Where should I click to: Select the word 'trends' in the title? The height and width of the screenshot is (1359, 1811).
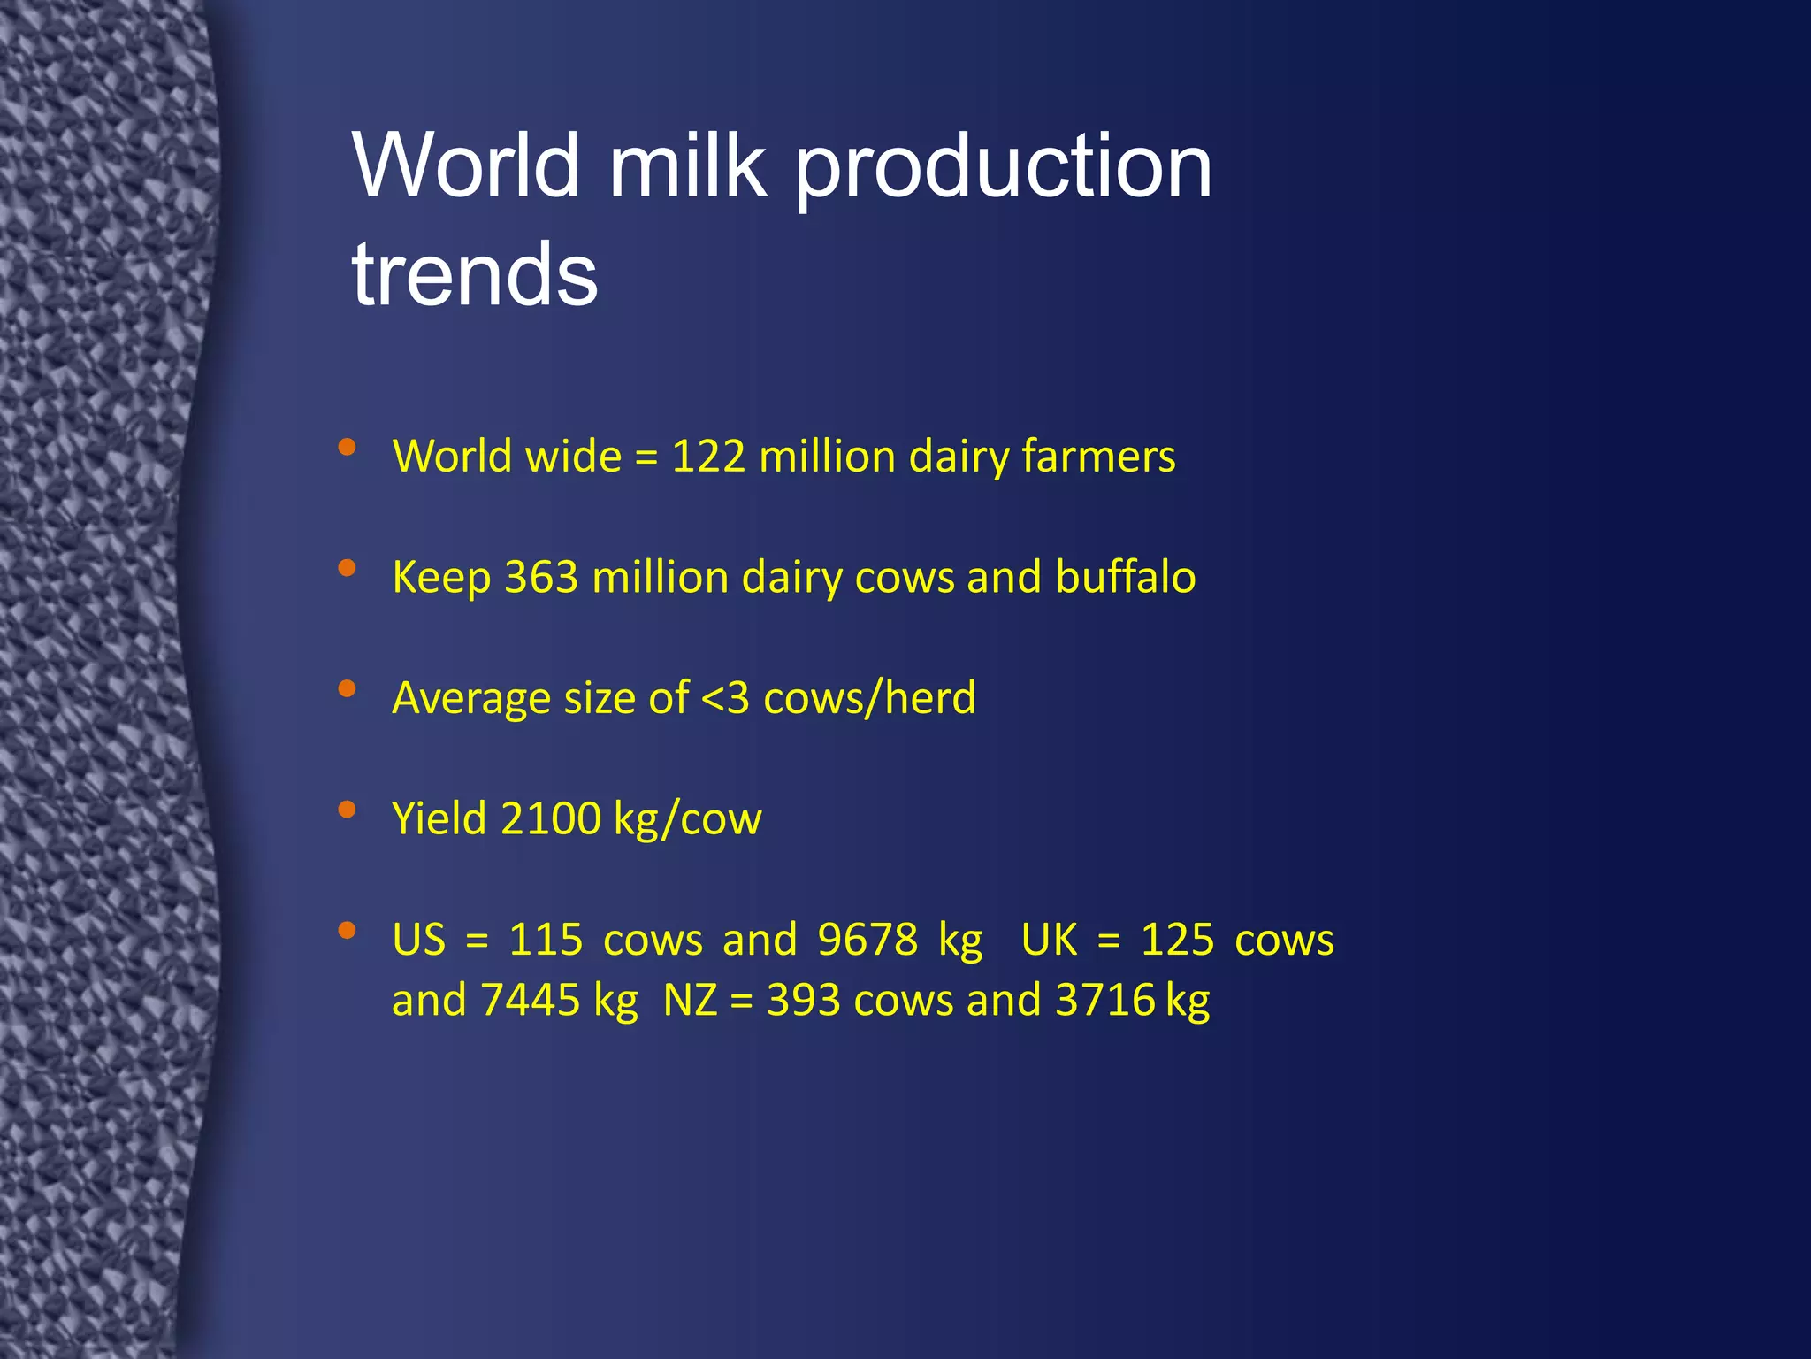pyautogui.click(x=475, y=273)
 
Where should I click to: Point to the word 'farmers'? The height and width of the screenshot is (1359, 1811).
pyautogui.click(x=1098, y=457)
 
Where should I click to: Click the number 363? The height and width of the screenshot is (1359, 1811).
pyautogui.click(x=541, y=577)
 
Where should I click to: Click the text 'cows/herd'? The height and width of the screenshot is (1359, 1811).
pyautogui.click(x=869, y=698)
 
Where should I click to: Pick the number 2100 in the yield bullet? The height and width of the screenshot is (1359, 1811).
pyautogui.click(x=550, y=818)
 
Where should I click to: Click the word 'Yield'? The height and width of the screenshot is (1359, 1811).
pyautogui.click(x=439, y=818)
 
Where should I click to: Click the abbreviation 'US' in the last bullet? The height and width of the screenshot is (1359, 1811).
pyautogui.click(x=419, y=940)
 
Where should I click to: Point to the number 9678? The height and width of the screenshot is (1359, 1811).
pyautogui.click(x=867, y=940)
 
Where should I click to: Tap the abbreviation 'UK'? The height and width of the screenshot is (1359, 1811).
pyautogui.click(x=1049, y=940)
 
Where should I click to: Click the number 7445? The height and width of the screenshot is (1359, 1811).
pyautogui.click(x=531, y=1001)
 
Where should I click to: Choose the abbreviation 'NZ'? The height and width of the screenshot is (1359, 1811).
pyautogui.click(x=690, y=1001)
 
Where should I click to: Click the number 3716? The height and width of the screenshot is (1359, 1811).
pyautogui.click(x=1105, y=1001)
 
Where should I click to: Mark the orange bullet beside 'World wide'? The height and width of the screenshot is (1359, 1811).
pyautogui.click(x=347, y=447)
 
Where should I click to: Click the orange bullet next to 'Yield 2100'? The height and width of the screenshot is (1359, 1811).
pyautogui.click(x=347, y=809)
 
